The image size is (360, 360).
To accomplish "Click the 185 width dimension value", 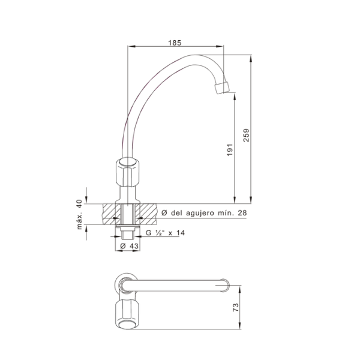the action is [x=175, y=43].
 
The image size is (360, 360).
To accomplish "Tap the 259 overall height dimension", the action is [x=246, y=135].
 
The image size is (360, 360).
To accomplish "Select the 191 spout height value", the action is [x=230, y=150].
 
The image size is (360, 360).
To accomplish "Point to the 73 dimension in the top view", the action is [x=236, y=307].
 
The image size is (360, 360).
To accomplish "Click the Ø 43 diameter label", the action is [x=129, y=246].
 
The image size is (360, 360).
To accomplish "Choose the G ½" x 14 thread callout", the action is [x=165, y=233].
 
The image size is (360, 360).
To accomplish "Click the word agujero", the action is [x=200, y=213].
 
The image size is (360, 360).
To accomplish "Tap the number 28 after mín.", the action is [x=242, y=213].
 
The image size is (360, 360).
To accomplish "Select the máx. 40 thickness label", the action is [x=79, y=214].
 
